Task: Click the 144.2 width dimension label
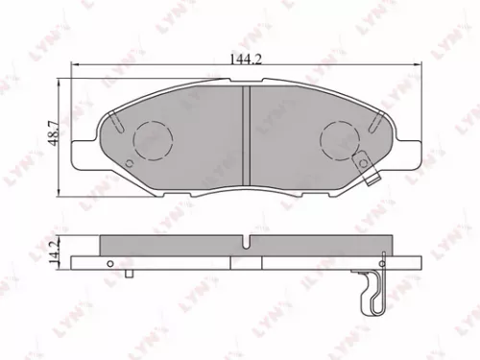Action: (245, 60)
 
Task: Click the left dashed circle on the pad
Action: (149, 140)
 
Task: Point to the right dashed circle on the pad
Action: (338, 140)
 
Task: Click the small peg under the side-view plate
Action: (129, 274)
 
